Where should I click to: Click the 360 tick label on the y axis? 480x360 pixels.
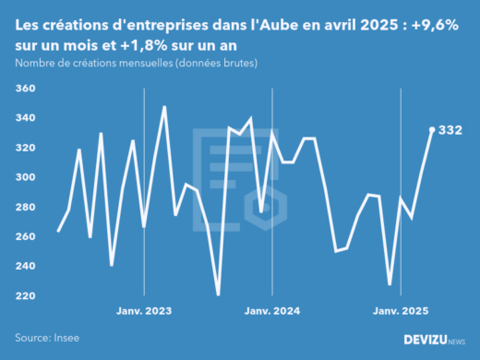[x=25, y=89]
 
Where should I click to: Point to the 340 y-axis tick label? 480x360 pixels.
[x=25, y=118]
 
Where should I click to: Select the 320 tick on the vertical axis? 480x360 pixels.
[x=25, y=148]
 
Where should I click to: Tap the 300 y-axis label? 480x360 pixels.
[x=25, y=177]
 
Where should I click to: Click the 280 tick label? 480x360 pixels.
[x=25, y=207]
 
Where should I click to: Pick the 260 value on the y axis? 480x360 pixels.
[x=25, y=236]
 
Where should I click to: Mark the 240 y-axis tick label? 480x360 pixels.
[x=25, y=266]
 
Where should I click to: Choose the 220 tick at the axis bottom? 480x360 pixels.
[x=25, y=295]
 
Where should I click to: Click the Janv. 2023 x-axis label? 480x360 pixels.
[x=144, y=311]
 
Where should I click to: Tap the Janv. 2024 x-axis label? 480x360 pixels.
[x=272, y=311]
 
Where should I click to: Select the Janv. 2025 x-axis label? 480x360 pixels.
[x=401, y=311]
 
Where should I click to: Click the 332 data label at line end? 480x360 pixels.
[x=450, y=130]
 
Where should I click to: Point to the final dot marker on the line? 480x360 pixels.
[x=432, y=129]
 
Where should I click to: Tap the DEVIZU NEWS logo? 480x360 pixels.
[x=435, y=340]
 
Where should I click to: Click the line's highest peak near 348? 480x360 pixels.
[x=164, y=107]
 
